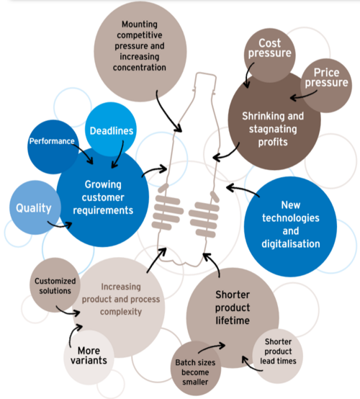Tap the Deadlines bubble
tap(112, 130)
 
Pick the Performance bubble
tap(52, 142)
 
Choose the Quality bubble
tap(34, 208)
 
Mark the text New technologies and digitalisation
tap(292, 224)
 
